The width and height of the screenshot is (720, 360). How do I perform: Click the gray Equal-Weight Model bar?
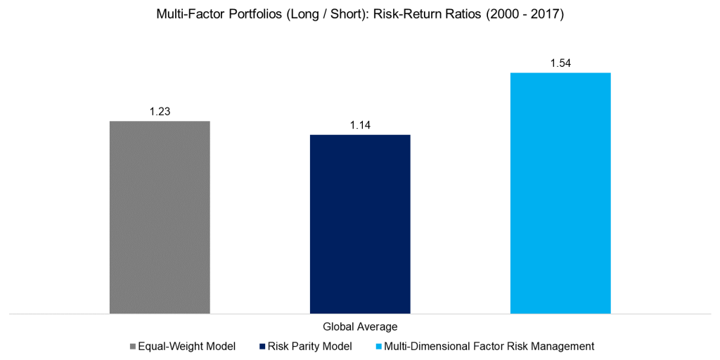tap(160, 217)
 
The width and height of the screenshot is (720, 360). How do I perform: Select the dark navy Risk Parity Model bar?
tap(360, 224)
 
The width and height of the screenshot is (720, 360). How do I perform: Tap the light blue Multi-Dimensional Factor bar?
tap(560, 193)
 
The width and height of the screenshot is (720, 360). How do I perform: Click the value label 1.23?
tap(160, 111)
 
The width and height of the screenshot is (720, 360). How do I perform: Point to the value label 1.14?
tap(360, 125)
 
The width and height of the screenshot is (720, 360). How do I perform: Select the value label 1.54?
tap(560, 63)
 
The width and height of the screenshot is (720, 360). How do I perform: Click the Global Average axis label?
tap(360, 326)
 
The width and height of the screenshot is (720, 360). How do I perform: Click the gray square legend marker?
tap(133, 347)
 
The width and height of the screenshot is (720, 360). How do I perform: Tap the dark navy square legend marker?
tap(263, 347)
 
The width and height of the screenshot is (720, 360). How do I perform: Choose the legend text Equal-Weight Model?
tap(186, 346)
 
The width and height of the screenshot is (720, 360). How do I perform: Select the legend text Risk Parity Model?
tap(309, 346)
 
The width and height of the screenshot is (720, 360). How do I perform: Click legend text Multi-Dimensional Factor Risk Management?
tap(489, 346)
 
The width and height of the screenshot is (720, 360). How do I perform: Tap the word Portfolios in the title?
tap(243, 13)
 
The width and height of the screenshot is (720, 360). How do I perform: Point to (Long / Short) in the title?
tap(308, 13)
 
